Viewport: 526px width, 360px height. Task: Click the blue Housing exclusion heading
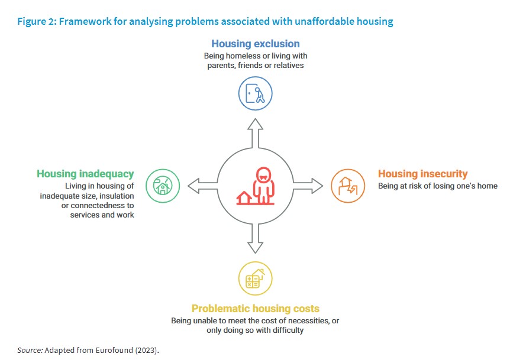click(255, 44)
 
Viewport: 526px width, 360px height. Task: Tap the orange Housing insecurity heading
click(422, 174)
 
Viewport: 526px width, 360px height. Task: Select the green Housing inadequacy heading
click(85, 174)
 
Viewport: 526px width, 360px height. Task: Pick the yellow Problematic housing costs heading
click(255, 309)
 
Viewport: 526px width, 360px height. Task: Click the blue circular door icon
click(255, 93)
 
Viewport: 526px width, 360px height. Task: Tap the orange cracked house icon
click(347, 186)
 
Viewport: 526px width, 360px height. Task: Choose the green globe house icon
click(162, 186)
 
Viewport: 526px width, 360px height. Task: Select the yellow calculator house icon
click(255, 278)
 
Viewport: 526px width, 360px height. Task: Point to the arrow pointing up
click(255, 131)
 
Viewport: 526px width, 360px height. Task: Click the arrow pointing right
click(308, 186)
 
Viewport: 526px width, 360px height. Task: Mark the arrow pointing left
click(201, 186)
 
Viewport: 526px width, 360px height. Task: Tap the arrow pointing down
click(255, 239)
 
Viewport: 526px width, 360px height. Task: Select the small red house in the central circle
click(243, 197)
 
